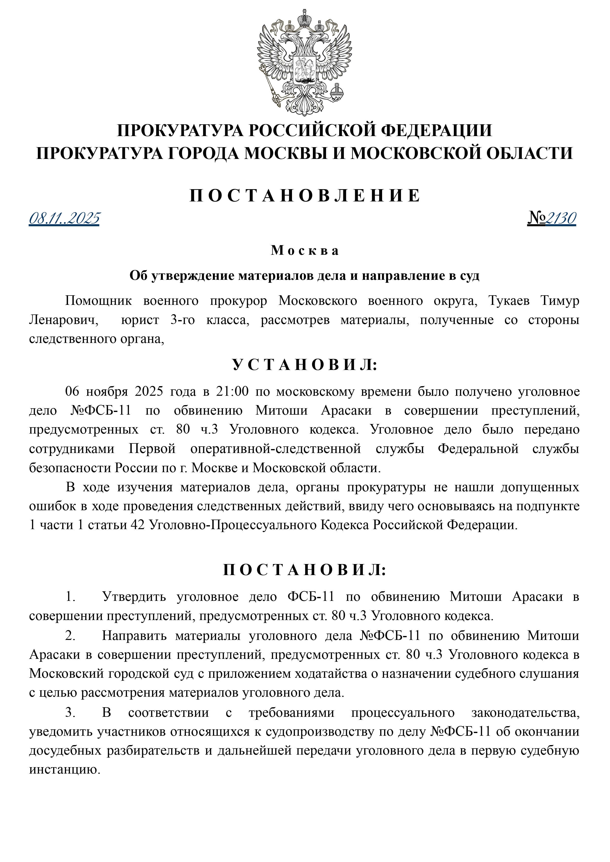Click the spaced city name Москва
click(305, 251)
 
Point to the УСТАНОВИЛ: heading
click(305, 365)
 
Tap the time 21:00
click(232, 392)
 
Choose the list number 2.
click(70, 636)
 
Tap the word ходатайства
click(331, 674)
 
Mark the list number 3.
click(70, 712)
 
